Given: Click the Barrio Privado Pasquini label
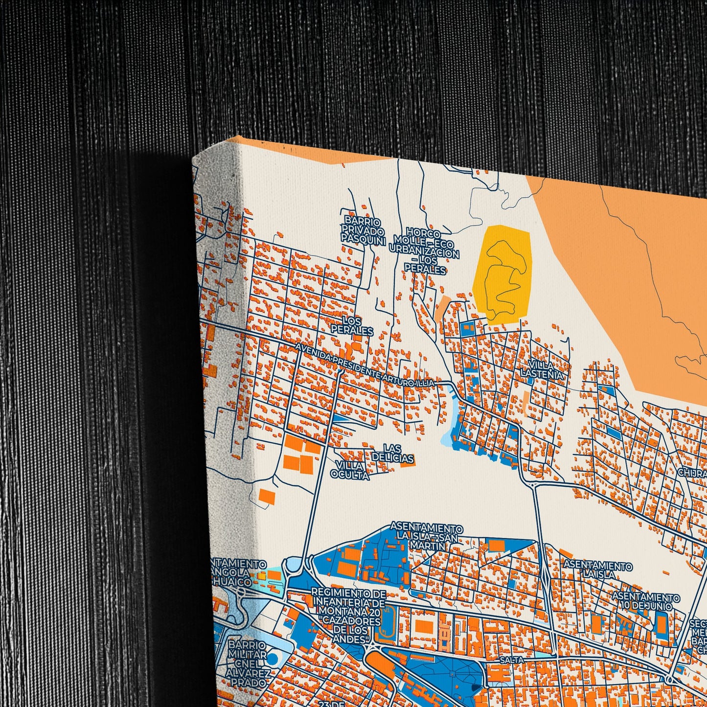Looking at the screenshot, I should (363, 230).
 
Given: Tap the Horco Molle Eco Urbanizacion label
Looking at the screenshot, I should (425, 251).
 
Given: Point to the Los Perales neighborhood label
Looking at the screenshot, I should (352, 325).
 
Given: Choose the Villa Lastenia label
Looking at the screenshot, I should (542, 369).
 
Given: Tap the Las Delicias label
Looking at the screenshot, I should (392, 453).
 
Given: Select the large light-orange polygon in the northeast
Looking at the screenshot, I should (626, 274).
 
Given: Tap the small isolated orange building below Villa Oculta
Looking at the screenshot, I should (267, 495).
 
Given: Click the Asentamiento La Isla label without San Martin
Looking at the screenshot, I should (597, 570).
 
